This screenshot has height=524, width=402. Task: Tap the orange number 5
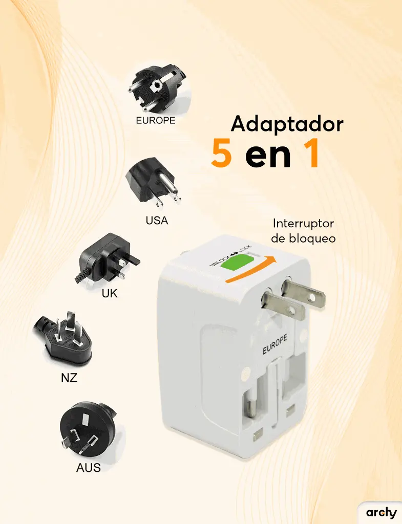tap(221, 153)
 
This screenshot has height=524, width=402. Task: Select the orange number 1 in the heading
tap(312, 154)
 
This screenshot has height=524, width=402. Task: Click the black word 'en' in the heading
tap(268, 157)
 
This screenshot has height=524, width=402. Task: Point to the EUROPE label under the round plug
tap(156, 120)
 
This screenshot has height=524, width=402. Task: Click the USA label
tap(157, 221)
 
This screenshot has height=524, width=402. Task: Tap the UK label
tap(110, 293)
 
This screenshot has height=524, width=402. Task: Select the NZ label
tap(69, 378)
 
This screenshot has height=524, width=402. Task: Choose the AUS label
tap(88, 468)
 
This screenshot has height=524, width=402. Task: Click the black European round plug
tap(158, 88)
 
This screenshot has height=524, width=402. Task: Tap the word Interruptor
tap(303, 223)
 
